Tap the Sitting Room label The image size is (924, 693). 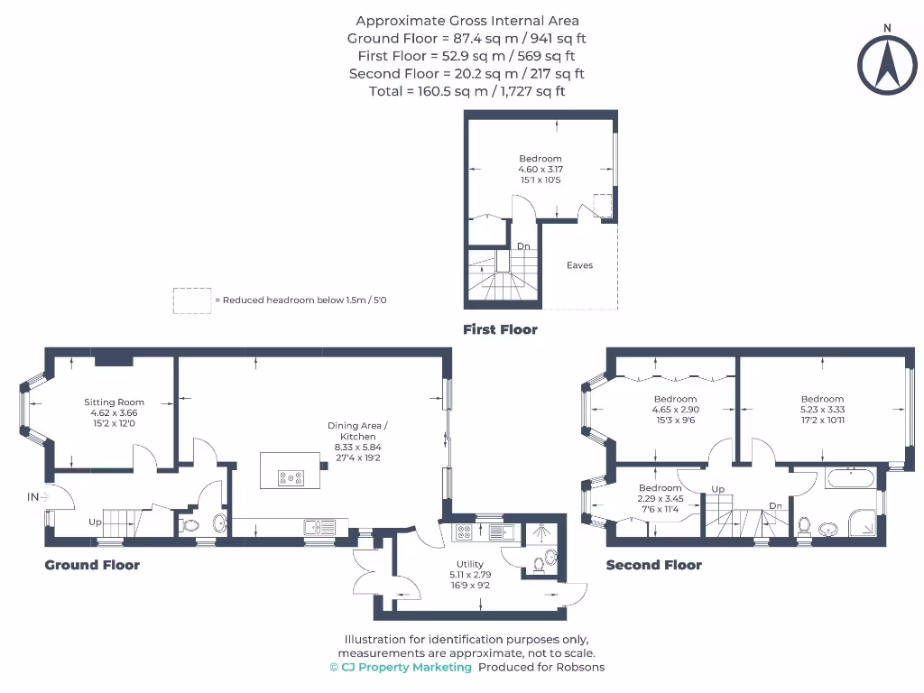pyautogui.click(x=115, y=402)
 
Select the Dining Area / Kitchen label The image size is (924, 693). pyautogui.click(x=359, y=430)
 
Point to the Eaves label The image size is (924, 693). pyautogui.click(x=579, y=265)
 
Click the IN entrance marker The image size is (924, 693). pyautogui.click(x=33, y=496)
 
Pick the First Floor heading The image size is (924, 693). pyautogui.click(x=500, y=329)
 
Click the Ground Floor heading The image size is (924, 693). pyautogui.click(x=92, y=565)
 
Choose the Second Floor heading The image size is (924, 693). pyautogui.click(x=653, y=565)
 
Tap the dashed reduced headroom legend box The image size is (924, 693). pyautogui.click(x=190, y=300)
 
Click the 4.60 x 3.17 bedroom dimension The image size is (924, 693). pyautogui.click(x=540, y=169)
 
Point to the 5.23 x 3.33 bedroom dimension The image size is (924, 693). pyautogui.click(x=822, y=409)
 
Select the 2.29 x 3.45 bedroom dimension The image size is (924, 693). pyautogui.click(x=660, y=498)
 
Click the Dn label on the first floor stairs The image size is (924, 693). pyautogui.click(x=523, y=245)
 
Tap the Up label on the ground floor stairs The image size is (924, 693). pyautogui.click(x=95, y=522)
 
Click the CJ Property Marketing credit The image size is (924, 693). pyautogui.click(x=401, y=667)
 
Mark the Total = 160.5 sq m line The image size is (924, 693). pyautogui.click(x=467, y=91)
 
